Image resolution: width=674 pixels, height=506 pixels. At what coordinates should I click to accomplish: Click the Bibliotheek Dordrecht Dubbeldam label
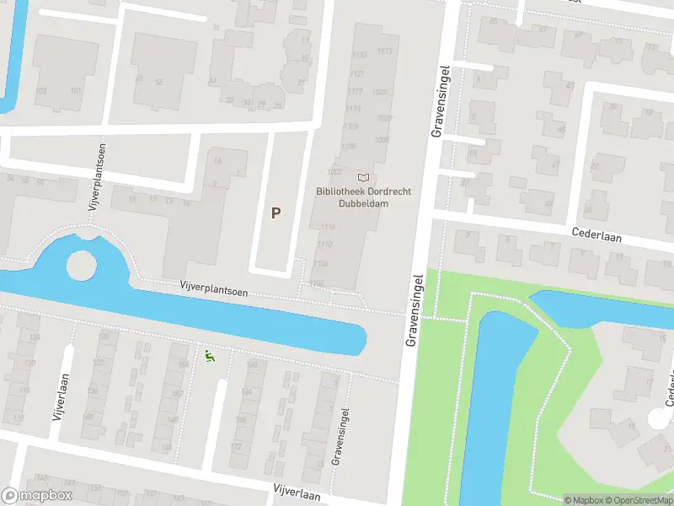(363, 197)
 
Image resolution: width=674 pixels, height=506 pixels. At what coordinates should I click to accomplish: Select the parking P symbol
(275, 213)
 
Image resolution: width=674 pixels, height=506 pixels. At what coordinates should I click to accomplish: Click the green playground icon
(210, 357)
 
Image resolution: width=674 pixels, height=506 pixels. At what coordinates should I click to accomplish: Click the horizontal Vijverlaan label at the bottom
(297, 492)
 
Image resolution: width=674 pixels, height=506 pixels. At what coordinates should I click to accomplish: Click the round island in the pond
(82, 266)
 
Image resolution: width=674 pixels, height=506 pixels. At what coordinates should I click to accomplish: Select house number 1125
(360, 55)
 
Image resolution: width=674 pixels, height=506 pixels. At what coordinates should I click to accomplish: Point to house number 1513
(385, 51)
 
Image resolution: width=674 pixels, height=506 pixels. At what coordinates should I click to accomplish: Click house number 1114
(327, 227)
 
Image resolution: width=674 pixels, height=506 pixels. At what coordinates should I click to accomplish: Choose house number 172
(237, 445)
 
